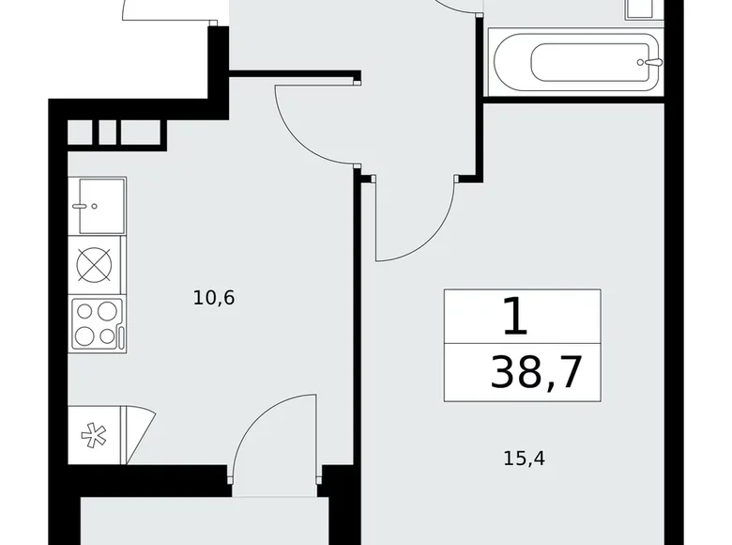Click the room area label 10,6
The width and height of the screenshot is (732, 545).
[x=213, y=299]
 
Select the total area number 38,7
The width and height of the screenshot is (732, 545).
[x=536, y=373]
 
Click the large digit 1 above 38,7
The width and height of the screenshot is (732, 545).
[x=516, y=318]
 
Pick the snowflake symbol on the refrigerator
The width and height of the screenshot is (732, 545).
[x=92, y=435]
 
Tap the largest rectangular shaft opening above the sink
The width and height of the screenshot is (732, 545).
[x=143, y=132]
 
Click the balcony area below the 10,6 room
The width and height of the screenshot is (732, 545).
[x=202, y=522]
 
